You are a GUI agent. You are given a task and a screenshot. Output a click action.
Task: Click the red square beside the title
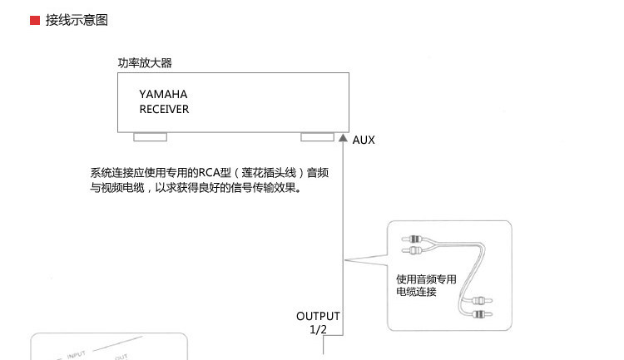(x=35, y=20)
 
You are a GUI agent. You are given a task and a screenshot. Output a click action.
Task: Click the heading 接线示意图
(x=77, y=20)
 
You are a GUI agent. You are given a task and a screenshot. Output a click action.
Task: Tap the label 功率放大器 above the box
(x=145, y=63)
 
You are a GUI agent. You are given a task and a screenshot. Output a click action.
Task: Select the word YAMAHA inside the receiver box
(x=163, y=94)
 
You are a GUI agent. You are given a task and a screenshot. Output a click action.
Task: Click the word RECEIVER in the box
(x=164, y=109)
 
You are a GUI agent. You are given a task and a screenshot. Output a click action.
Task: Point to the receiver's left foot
(x=150, y=137)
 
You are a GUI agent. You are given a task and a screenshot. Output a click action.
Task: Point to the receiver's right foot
(x=317, y=137)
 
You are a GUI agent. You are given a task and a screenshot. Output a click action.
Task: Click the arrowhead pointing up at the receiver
(x=343, y=138)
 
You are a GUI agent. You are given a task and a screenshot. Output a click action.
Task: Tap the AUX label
(x=364, y=140)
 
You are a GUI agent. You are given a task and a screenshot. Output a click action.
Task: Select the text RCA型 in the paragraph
(x=215, y=173)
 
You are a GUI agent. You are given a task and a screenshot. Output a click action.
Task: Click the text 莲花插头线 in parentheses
(x=269, y=173)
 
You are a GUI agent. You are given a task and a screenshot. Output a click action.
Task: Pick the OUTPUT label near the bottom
(x=318, y=316)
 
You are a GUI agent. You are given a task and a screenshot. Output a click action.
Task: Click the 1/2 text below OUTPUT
(x=318, y=329)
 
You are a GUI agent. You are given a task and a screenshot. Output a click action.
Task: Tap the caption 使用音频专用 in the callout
(x=426, y=279)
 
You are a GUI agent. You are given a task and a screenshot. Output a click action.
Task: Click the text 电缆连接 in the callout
(x=416, y=292)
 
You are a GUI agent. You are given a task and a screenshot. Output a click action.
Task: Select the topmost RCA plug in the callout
(x=413, y=239)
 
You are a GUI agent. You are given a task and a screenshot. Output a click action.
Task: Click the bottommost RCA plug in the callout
(x=482, y=314)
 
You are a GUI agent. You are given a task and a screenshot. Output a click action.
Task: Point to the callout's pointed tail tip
(x=344, y=260)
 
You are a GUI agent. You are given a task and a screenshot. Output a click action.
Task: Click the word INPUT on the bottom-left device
(x=76, y=354)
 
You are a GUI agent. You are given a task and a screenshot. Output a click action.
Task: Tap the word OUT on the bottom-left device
(x=121, y=357)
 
